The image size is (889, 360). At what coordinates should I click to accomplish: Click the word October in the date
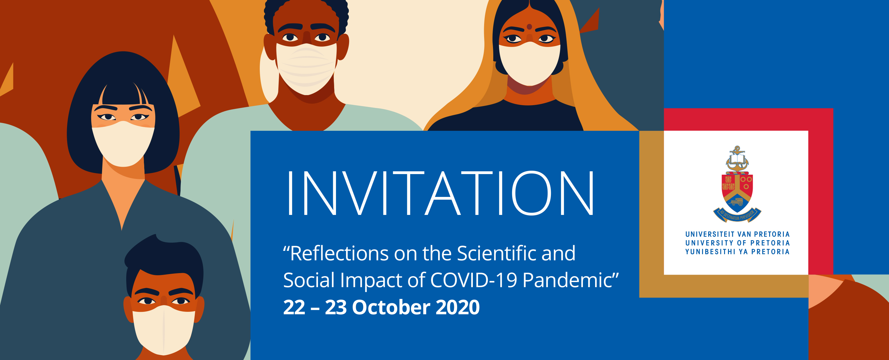click(x=391, y=307)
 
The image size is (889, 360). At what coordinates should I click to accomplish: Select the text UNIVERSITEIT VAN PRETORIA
click(x=737, y=234)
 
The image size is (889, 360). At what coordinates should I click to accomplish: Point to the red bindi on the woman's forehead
click(x=529, y=27)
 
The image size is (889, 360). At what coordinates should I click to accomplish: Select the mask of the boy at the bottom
click(x=164, y=330)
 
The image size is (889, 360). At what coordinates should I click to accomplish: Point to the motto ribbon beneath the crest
click(x=737, y=215)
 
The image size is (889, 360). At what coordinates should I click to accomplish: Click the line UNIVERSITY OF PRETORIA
click(x=737, y=243)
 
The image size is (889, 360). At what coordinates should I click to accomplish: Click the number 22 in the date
click(x=294, y=308)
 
